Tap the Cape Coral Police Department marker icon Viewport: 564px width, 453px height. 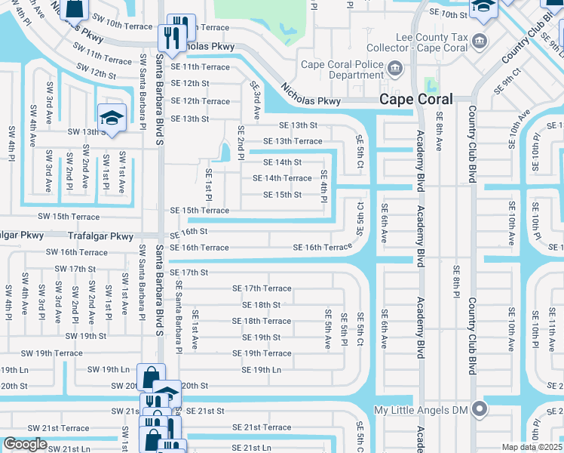(394, 69)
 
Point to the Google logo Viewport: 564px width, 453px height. (25, 444)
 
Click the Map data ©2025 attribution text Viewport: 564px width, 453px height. (532, 447)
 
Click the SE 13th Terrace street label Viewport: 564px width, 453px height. (292, 141)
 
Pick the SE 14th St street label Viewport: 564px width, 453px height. (282, 162)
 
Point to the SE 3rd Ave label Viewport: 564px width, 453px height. (256, 102)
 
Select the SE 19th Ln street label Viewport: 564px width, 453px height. (261, 370)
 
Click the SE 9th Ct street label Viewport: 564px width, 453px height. (508, 79)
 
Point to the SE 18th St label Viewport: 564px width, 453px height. (261, 305)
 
